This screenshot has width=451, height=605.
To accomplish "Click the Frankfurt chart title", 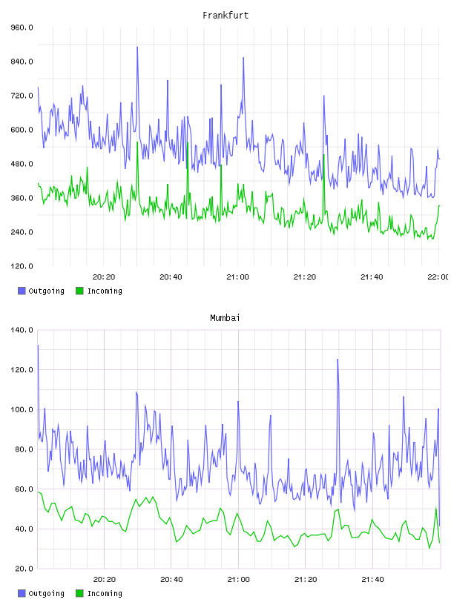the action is pos(225,15).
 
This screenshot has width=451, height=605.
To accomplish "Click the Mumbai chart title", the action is pos(225,317).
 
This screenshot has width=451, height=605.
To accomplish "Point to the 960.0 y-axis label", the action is pos(22,27).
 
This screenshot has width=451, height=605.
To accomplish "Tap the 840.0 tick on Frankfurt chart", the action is pos(22,62).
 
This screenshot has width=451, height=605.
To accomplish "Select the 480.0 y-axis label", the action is pos(22,164).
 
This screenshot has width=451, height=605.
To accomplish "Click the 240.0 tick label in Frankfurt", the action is pos(22,232).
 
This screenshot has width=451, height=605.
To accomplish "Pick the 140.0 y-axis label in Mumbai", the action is pos(22,330).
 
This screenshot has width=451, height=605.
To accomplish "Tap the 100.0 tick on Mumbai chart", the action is pos(22,409).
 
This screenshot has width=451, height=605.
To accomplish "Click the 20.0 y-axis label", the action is pos(24,569).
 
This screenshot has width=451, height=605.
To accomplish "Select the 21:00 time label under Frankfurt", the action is pos(238,277).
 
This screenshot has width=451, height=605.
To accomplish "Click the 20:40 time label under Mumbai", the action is pos(171,579).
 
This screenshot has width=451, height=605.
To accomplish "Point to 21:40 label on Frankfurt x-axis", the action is pos(372,277).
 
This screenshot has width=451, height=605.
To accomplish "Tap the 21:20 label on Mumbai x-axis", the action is pos(306,579).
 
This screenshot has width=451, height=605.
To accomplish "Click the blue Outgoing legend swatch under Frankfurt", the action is pos(22,291).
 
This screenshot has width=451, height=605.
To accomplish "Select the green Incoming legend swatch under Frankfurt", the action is pos(79,291).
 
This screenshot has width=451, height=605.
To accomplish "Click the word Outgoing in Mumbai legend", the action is pos(46,593).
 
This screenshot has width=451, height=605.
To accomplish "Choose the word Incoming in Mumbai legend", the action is pos(105,593).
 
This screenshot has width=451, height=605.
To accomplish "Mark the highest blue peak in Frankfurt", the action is pos(137,47).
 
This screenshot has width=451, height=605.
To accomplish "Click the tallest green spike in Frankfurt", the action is pos(137,142).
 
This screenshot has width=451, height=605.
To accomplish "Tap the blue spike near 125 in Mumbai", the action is pos(338,360).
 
